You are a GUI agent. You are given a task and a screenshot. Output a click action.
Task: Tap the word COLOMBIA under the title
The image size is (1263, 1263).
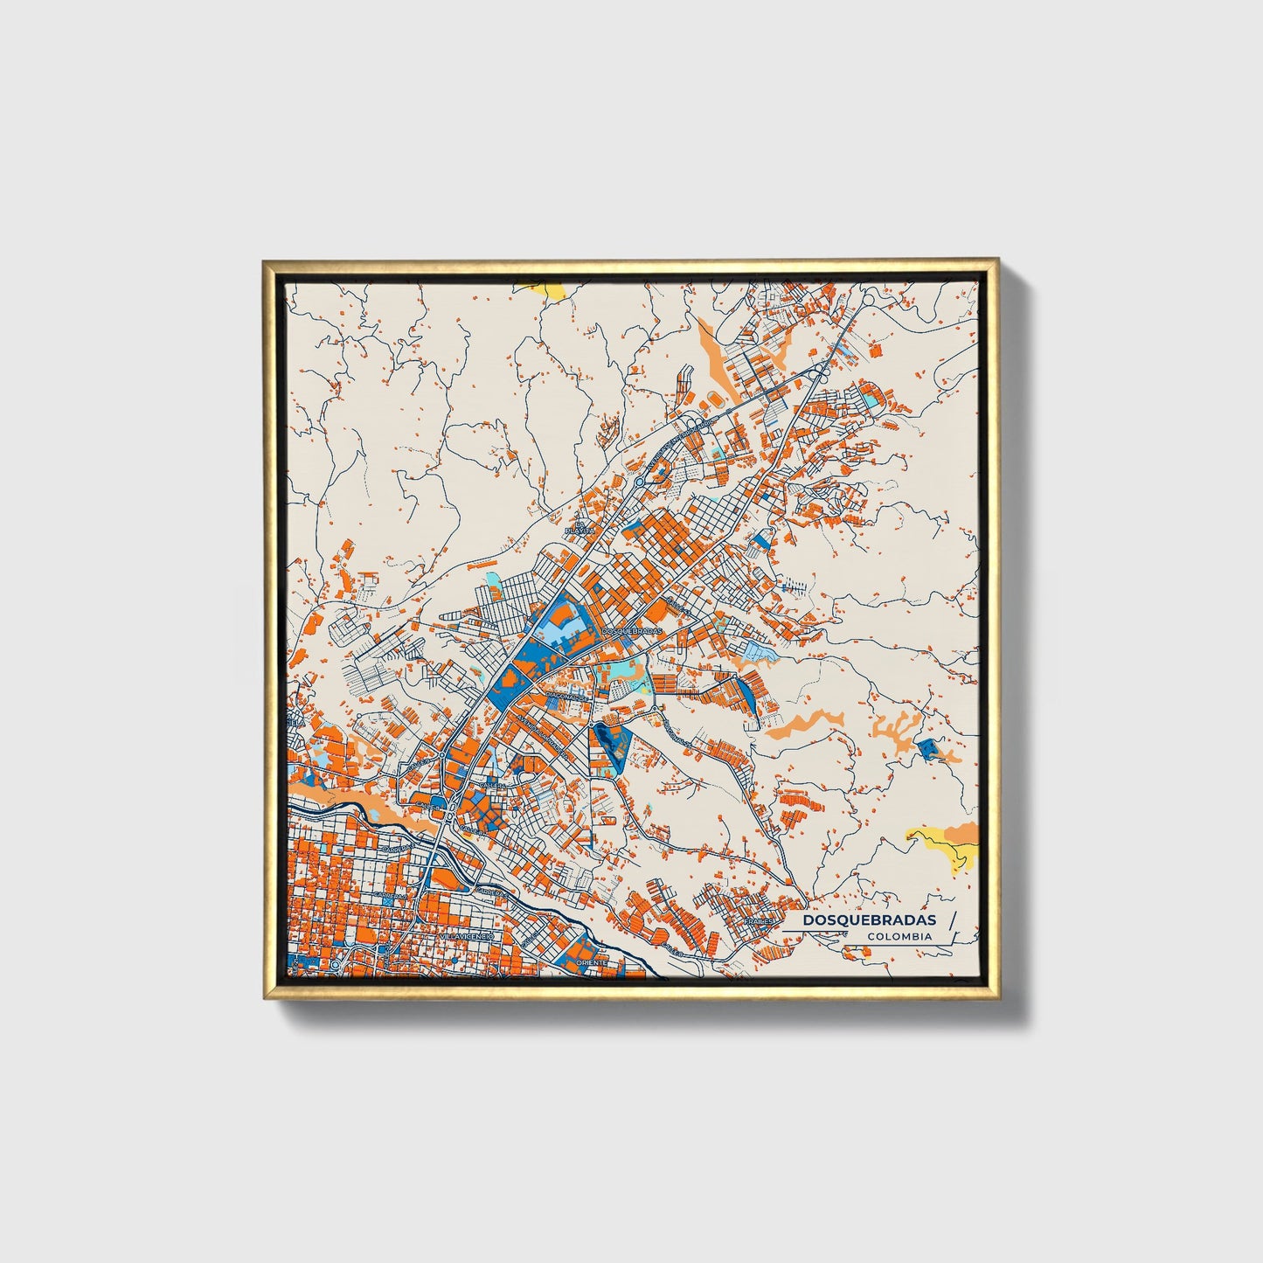899,936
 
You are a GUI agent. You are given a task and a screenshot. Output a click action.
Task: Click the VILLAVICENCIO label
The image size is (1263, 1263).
467,935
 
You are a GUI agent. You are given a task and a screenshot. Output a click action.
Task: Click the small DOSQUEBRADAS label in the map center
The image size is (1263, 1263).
633,630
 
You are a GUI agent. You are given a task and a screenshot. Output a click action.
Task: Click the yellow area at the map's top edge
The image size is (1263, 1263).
542,288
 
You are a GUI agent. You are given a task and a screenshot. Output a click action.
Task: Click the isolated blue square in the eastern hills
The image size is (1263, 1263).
926,747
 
